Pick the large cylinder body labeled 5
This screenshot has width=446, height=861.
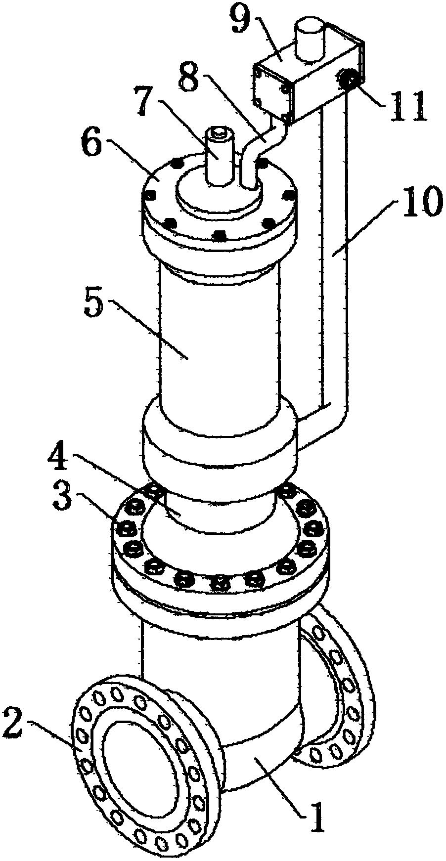pyautogui.click(x=218, y=346)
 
